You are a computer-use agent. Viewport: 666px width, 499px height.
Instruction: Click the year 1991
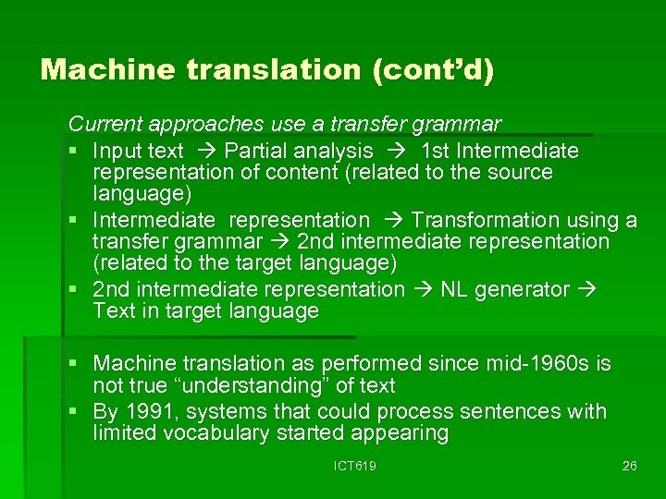(148, 411)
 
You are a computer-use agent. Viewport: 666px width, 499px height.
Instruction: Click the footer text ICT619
(355, 466)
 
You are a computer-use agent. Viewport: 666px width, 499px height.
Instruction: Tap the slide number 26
(630, 466)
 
